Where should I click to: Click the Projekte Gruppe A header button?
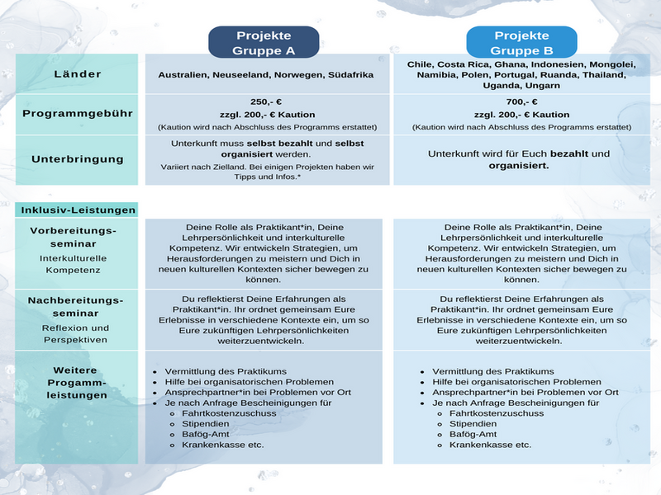[264, 43]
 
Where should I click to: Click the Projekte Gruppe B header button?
[521, 43]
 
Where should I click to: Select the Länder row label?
[77, 74]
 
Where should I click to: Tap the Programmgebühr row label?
[77, 113]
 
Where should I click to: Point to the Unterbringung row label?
[77, 158]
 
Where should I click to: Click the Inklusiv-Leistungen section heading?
[77, 210]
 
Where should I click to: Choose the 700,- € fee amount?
[521, 101]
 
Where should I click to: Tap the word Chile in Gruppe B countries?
[421, 64]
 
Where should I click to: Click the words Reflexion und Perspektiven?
[77, 333]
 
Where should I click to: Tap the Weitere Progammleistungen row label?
[77, 383]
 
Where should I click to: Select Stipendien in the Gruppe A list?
[206, 424]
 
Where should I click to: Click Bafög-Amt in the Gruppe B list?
[473, 434]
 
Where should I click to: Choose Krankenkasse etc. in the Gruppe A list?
[222, 445]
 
